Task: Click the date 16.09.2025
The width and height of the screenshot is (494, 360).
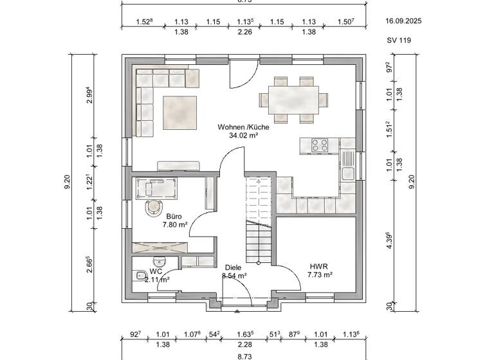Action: [x=403, y=21]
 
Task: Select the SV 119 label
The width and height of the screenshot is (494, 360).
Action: [x=399, y=40]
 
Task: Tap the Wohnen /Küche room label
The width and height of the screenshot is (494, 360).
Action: [x=243, y=127]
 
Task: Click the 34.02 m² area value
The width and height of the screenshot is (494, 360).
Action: [x=243, y=136]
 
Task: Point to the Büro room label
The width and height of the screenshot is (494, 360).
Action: [x=174, y=217]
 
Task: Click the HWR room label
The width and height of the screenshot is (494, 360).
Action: [x=319, y=265]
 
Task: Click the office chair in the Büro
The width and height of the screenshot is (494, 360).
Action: [x=154, y=206]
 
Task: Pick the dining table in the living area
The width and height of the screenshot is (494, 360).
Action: [x=293, y=100]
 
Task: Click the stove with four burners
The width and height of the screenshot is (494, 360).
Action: [x=320, y=145]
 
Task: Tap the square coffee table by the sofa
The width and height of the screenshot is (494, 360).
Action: [x=180, y=112]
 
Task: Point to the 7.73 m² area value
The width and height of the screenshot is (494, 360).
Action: [x=319, y=274]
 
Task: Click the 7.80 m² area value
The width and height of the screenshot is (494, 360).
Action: [x=174, y=226]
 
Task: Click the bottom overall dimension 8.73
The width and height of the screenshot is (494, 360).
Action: [x=244, y=355]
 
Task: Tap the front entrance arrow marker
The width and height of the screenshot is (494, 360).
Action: [x=237, y=310]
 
